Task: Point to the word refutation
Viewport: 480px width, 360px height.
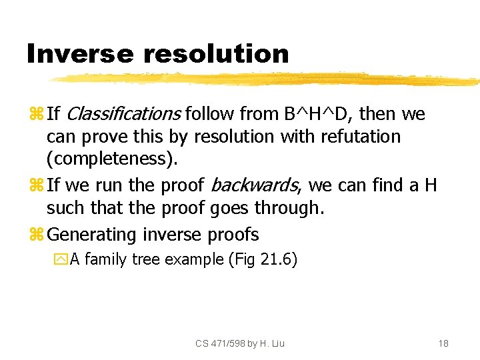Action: [361, 137]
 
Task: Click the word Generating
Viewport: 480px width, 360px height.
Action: [93, 235]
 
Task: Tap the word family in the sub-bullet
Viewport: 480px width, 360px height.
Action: [106, 259]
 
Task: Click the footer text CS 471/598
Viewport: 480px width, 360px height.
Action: [221, 343]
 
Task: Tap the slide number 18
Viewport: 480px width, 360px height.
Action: [443, 343]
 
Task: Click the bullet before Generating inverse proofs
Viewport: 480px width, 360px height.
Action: [36, 235]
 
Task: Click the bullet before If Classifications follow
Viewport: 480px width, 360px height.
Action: [36, 115]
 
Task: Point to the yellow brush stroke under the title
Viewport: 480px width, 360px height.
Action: [267, 80]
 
